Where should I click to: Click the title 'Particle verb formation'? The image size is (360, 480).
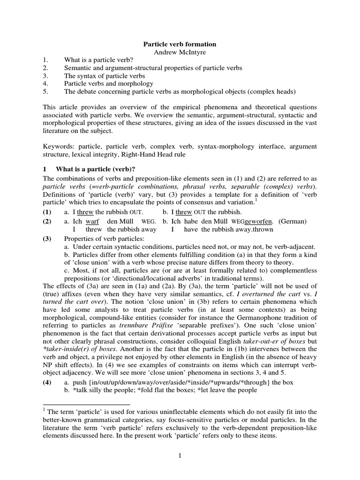pos(180,44)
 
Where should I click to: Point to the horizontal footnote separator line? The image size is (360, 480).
pos(86,404)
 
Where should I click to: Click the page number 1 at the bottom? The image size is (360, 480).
pos(180,457)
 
